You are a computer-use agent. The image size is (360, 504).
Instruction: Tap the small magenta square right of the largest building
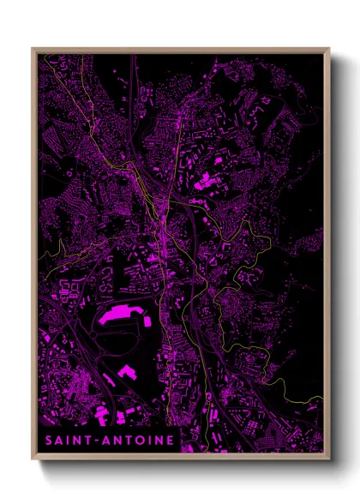pyautogui.click(x=147, y=321)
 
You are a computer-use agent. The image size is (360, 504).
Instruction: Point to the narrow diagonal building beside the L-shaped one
pyautogui.click(x=110, y=378)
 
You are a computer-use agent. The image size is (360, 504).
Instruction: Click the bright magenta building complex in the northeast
pyautogui.click(x=206, y=181)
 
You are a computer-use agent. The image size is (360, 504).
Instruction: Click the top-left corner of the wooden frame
pyautogui.click(x=32, y=48)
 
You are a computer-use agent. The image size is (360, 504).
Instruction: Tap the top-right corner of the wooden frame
pyautogui.click(x=330, y=48)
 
